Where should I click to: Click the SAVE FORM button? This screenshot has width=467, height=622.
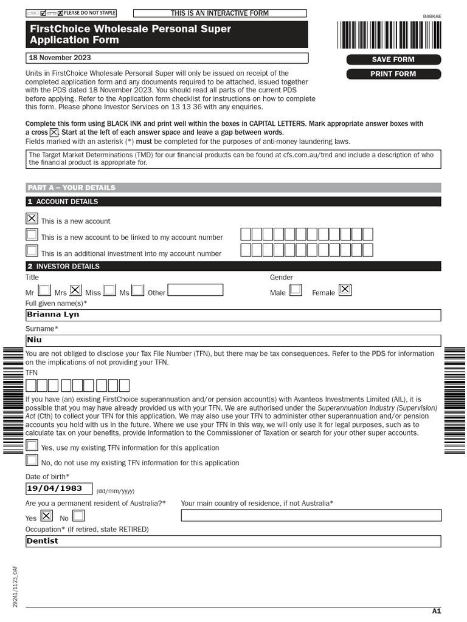coord(393,60)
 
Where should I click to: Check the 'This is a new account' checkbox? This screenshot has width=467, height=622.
coord(32,219)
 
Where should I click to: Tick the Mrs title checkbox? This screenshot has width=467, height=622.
coord(75,290)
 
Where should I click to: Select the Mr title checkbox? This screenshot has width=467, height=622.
coord(44,290)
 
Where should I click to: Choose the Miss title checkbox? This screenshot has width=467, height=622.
coord(109,290)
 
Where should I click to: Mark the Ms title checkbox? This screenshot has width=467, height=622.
coord(138,290)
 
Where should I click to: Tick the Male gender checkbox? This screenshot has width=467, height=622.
coord(296,290)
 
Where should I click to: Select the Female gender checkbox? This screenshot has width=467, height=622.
coord(345,290)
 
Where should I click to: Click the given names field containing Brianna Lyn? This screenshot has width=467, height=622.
coord(233,315)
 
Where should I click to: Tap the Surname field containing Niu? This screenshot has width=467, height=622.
coord(233,341)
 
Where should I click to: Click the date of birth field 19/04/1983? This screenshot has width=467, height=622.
coord(58,488)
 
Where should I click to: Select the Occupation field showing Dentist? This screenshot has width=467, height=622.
coord(233,541)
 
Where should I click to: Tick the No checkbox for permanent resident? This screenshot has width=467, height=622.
coord(78,516)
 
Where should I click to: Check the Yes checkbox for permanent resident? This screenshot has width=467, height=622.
coord(46,516)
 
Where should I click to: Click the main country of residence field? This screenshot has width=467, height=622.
coord(311,516)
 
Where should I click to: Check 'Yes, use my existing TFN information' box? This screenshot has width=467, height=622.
coord(32,446)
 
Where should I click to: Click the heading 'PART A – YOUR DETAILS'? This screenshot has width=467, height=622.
coord(71,188)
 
